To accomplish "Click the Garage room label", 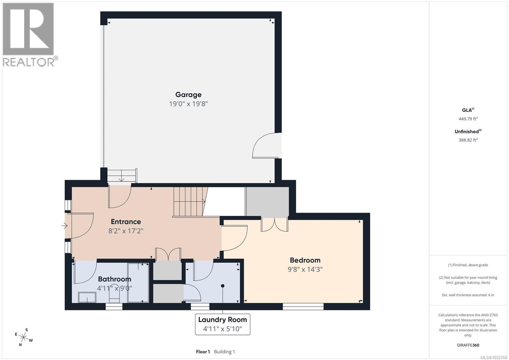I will point(188,95).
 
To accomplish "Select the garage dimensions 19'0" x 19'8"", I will point(188,104).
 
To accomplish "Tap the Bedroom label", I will point(305,260).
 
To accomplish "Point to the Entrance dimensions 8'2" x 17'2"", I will point(126,231).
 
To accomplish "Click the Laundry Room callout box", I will point(222,324).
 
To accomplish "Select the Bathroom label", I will point(114,279).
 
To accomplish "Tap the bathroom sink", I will point(87,298).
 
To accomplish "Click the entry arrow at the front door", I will point(64,226).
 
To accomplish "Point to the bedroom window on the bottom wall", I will point(303,307).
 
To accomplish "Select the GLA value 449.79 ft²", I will point(468,119).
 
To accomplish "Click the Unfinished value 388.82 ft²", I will point(468,140).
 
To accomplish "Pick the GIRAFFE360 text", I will point(468,345).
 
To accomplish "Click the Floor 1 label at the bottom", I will point(203,352).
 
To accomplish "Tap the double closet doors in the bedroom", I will point(275,224).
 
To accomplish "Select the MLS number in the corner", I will point(493,357).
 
